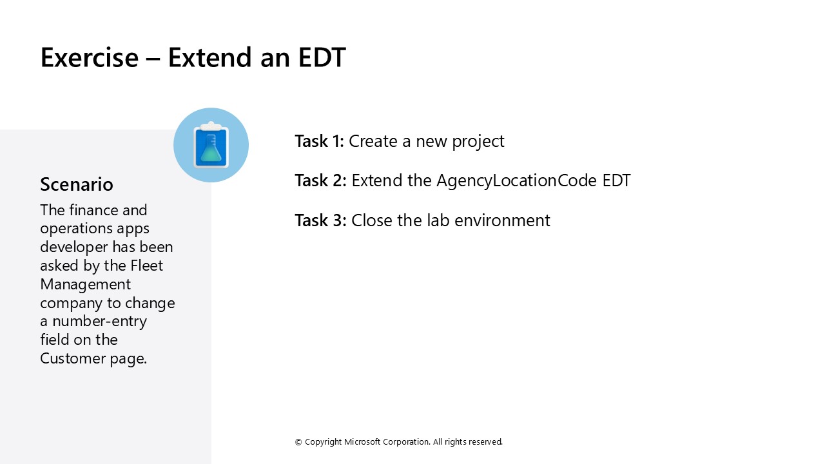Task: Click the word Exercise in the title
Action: click(89, 57)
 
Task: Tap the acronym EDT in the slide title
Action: click(322, 57)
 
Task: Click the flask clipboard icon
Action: click(211, 145)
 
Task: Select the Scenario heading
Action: click(76, 184)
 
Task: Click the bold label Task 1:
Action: click(319, 141)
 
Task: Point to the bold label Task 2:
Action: click(320, 180)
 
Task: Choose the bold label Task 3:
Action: click(320, 220)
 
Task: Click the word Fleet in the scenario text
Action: click(147, 266)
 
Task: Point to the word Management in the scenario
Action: click(85, 284)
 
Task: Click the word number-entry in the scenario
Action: click(99, 321)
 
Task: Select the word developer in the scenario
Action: click(74, 247)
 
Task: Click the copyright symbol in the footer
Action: click(298, 442)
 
